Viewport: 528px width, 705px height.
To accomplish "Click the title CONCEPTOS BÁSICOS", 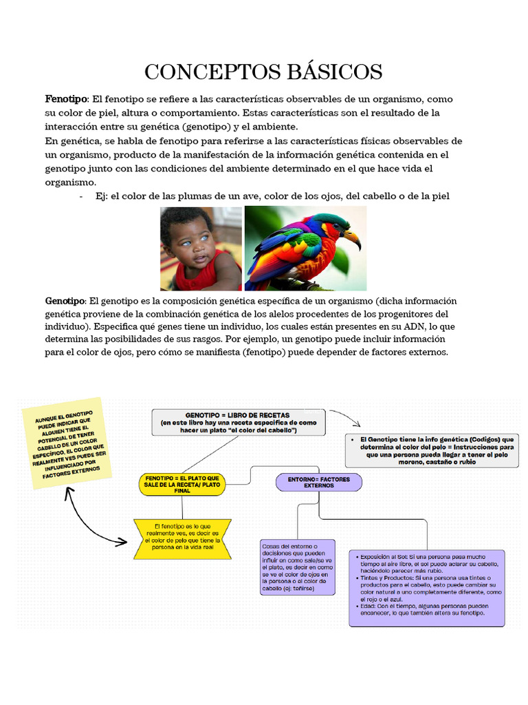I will pos(263,71).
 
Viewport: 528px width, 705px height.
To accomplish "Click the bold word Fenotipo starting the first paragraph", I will pos(65,99).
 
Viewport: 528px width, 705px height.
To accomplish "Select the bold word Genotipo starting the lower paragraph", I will pos(65,301).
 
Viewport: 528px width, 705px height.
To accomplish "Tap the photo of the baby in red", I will pos(201,249).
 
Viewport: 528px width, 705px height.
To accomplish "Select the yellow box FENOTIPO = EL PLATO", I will pos(182,484).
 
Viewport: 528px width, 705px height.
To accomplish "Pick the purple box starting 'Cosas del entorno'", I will pos(298,567).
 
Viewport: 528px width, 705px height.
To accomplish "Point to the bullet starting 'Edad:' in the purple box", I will pos(426,609).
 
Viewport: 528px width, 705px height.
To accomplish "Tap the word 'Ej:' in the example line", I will pos(102,196).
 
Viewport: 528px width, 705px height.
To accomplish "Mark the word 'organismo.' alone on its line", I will pos(71,182).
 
